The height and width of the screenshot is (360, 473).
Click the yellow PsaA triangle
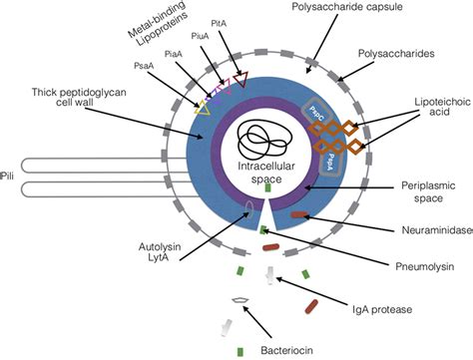tap(204, 103)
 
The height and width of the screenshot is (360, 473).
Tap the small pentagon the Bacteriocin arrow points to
tap(239, 300)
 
